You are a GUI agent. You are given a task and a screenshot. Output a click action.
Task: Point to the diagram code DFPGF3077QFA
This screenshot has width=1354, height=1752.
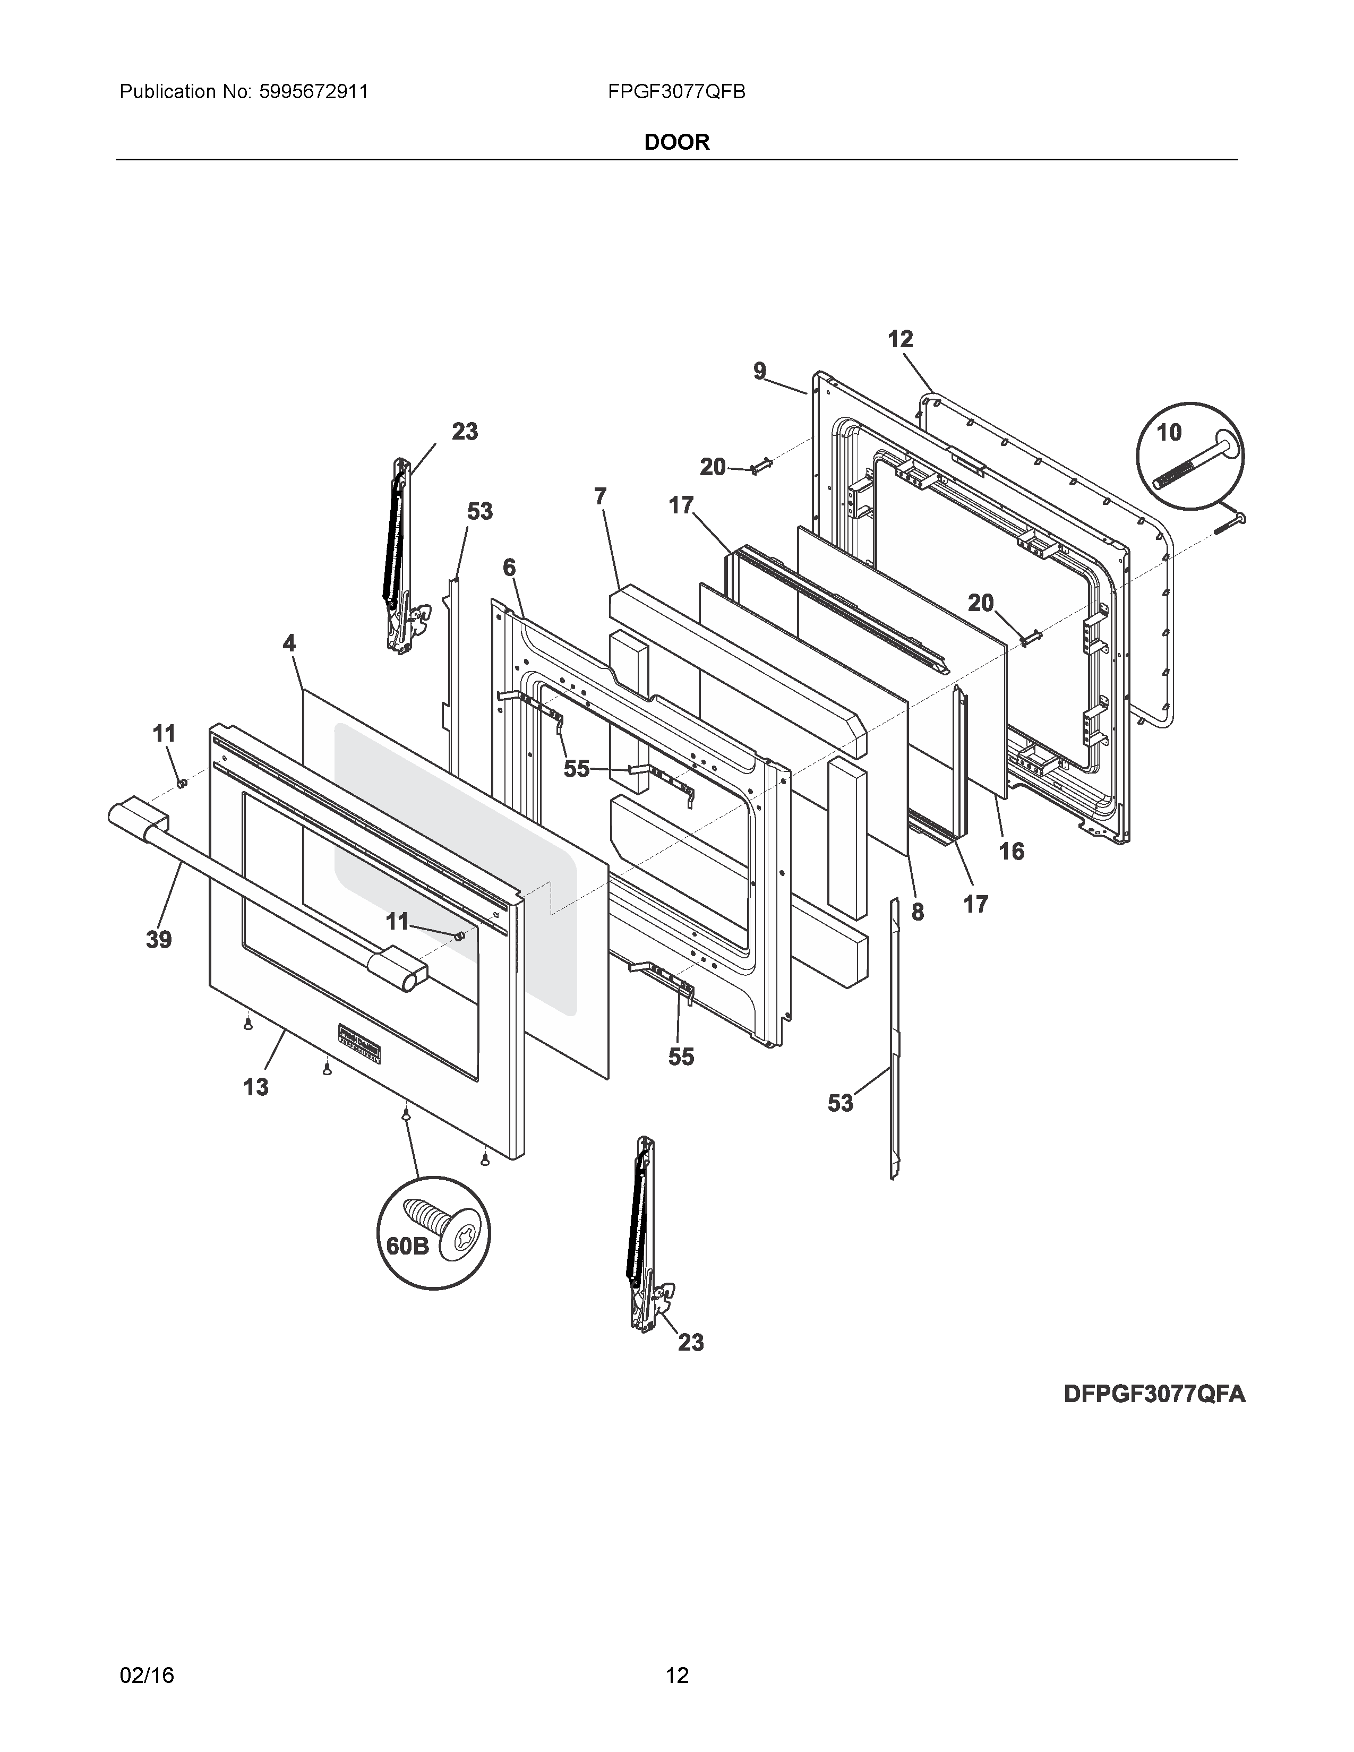click(x=1154, y=1394)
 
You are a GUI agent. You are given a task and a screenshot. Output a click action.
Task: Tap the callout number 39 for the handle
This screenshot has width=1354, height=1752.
click(x=159, y=939)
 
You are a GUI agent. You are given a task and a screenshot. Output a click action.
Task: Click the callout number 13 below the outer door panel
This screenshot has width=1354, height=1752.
click(x=256, y=1087)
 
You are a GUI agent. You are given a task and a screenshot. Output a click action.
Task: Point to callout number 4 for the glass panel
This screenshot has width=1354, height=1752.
click(x=289, y=642)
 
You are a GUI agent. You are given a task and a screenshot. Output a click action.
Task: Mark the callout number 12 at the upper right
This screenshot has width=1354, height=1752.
click(x=900, y=339)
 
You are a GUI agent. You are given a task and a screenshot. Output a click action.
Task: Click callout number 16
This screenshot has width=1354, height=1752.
click(x=1012, y=851)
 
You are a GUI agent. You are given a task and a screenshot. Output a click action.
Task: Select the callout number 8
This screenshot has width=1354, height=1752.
click(x=917, y=912)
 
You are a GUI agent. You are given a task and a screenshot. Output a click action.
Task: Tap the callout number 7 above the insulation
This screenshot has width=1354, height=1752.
click(x=600, y=496)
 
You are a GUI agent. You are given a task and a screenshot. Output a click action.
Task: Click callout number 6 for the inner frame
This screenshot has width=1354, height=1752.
click(x=509, y=567)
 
